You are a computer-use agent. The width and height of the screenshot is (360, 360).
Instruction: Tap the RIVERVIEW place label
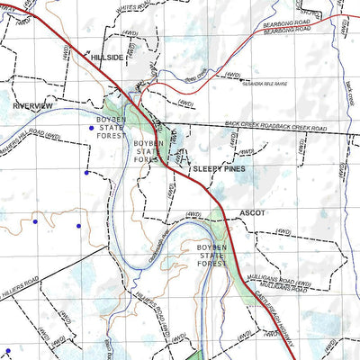33,105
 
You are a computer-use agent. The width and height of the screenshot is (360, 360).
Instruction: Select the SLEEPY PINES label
220,168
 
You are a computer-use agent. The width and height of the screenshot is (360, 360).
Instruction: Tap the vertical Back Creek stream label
351,91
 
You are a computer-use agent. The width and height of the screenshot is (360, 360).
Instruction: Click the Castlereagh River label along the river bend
151,241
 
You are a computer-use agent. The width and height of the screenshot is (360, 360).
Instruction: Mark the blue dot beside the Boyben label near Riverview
90,128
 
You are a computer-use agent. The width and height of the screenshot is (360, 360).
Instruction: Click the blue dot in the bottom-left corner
7,350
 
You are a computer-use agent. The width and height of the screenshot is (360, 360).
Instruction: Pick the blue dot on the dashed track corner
86,172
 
